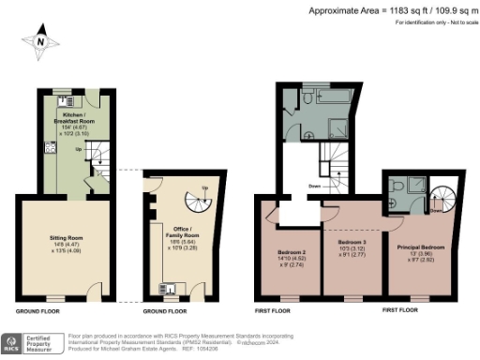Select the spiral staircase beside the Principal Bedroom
pos(439,197)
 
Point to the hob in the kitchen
pos(49,147)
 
